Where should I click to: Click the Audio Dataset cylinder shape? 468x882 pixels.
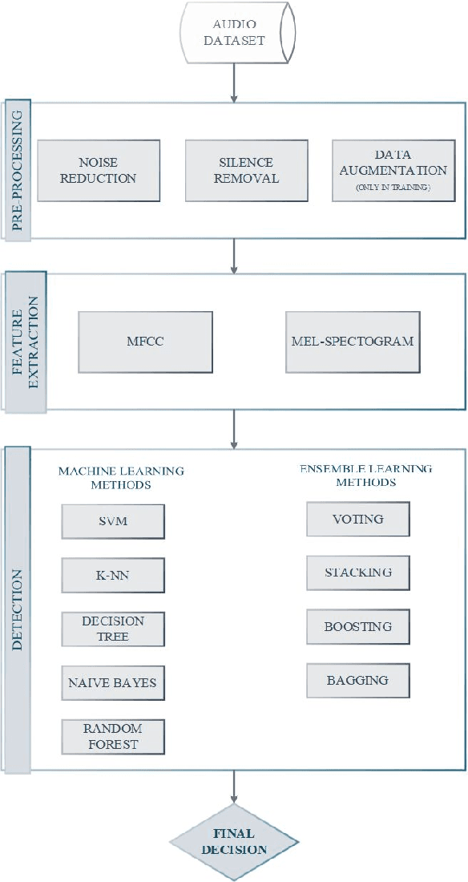coord(234,31)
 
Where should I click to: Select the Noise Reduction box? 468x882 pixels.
coord(99,170)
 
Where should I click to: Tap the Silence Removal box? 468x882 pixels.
coord(247,170)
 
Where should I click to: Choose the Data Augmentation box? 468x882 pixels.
coord(393,170)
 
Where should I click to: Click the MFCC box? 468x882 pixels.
coord(145,342)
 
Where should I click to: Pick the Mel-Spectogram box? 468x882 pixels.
coord(353,342)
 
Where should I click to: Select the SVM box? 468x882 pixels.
coord(113,521)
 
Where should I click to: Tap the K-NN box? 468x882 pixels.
coord(113,575)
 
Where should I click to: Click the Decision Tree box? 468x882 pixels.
coord(113,629)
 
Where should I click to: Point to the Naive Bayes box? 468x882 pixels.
coord(113,683)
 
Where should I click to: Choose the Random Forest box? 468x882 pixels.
coord(113,736)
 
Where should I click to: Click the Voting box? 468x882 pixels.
coord(358,519)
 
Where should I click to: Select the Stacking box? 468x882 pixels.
coord(358,572)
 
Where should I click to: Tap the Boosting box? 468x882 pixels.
coord(358,626)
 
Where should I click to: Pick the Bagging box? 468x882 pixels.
coord(358,680)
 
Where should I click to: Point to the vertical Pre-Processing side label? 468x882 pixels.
coord(18,170)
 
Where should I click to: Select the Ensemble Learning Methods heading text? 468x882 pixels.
coord(366,475)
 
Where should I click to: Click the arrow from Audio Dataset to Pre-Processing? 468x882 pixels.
coord(234,82)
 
